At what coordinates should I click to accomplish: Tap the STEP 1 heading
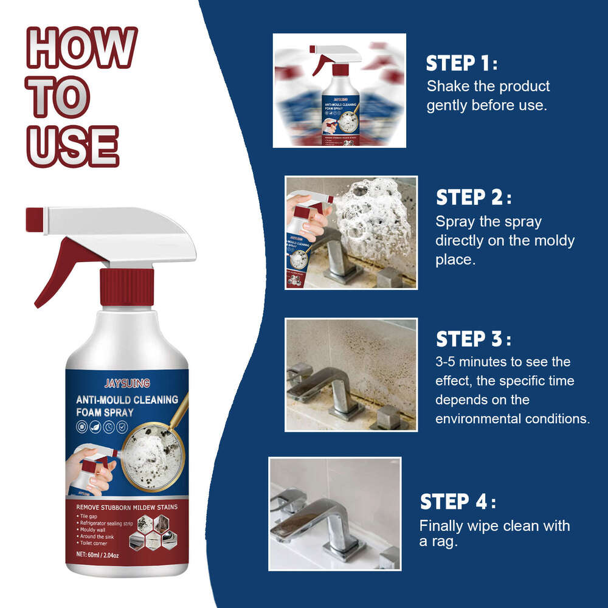coord(461,63)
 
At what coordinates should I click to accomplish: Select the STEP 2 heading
coord(474,198)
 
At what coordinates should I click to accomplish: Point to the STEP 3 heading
coord(474,339)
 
